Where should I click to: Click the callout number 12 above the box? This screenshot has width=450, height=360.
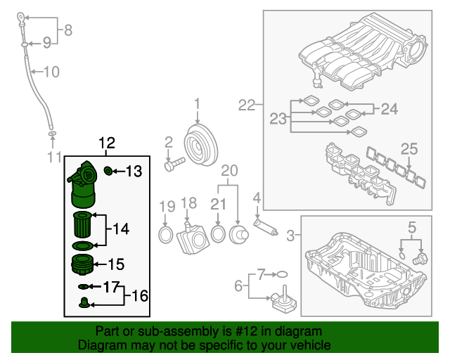click(106, 143)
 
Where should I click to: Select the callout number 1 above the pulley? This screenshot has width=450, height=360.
click(197, 104)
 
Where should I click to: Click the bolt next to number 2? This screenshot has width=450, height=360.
click(174, 165)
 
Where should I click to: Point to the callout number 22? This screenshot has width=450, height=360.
click(246, 105)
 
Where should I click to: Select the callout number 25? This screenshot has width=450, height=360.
click(409, 148)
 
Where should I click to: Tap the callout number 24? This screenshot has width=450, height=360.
click(389, 108)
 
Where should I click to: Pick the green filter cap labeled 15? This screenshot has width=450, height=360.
click(84, 266)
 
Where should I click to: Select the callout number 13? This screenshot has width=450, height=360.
click(134, 170)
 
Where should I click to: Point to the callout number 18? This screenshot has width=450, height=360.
click(188, 203)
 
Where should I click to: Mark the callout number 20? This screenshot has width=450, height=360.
click(230, 171)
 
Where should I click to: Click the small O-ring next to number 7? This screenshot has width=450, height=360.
click(280, 274)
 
